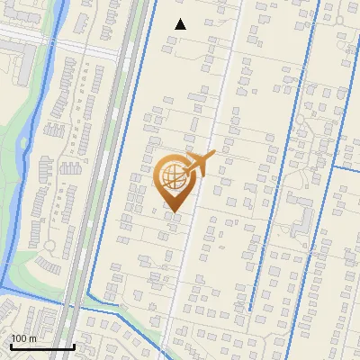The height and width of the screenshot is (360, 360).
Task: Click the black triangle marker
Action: pyautogui.click(x=181, y=24)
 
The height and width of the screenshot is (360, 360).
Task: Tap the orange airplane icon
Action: pyautogui.click(x=199, y=164)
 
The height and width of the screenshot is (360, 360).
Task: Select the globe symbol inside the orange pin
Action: pyautogui.click(x=175, y=177)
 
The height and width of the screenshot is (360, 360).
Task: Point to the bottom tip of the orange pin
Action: pyautogui.click(x=174, y=212)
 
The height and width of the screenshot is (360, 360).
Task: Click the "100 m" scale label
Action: pyautogui.click(x=23, y=338)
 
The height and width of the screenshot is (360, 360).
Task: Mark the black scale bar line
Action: pyautogui.click(x=41, y=346)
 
